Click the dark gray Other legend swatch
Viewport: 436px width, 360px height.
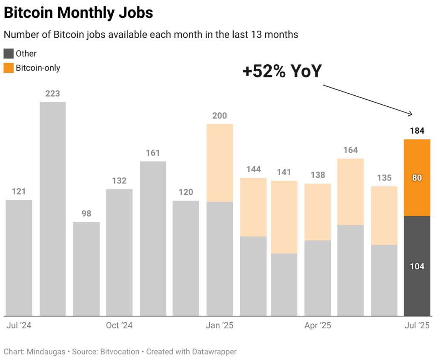(9, 54)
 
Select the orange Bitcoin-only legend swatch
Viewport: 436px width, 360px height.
(9, 68)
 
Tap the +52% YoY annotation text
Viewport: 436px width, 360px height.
(282, 71)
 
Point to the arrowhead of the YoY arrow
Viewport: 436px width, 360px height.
(411, 114)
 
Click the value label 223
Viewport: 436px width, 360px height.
(52, 93)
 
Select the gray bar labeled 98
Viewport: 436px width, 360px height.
(86, 269)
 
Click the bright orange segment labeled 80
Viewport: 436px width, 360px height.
(417, 177)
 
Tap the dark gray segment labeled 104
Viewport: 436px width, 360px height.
(417, 266)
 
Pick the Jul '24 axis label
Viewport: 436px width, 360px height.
(19, 326)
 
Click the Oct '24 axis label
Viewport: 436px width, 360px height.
(119, 326)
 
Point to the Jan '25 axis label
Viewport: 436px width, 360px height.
(219, 326)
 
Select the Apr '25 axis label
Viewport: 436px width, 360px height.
(318, 326)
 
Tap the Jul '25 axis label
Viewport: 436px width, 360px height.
(416, 326)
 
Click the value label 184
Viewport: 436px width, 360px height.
(417, 131)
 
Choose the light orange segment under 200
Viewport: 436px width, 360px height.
(220, 163)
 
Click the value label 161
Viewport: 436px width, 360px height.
(153, 153)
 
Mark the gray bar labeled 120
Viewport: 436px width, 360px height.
(186, 258)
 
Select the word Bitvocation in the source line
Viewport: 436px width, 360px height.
(120, 352)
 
